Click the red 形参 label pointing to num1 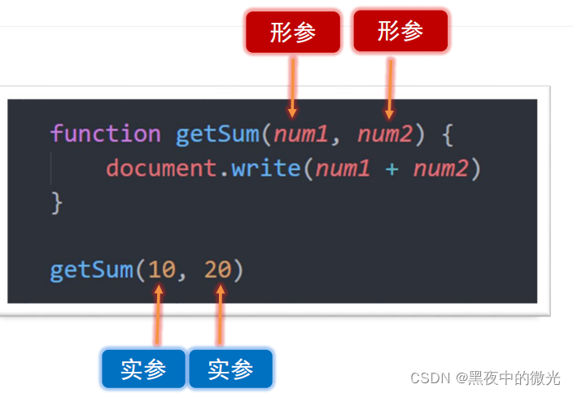click(293, 33)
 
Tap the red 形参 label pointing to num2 click(400, 32)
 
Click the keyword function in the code click(105, 133)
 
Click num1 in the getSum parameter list click(301, 133)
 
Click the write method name click(266, 168)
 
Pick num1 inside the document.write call click(343, 168)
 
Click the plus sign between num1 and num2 click(392, 169)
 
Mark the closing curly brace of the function click(56, 203)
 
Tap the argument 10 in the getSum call click(161, 269)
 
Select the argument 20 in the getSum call click(217, 269)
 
